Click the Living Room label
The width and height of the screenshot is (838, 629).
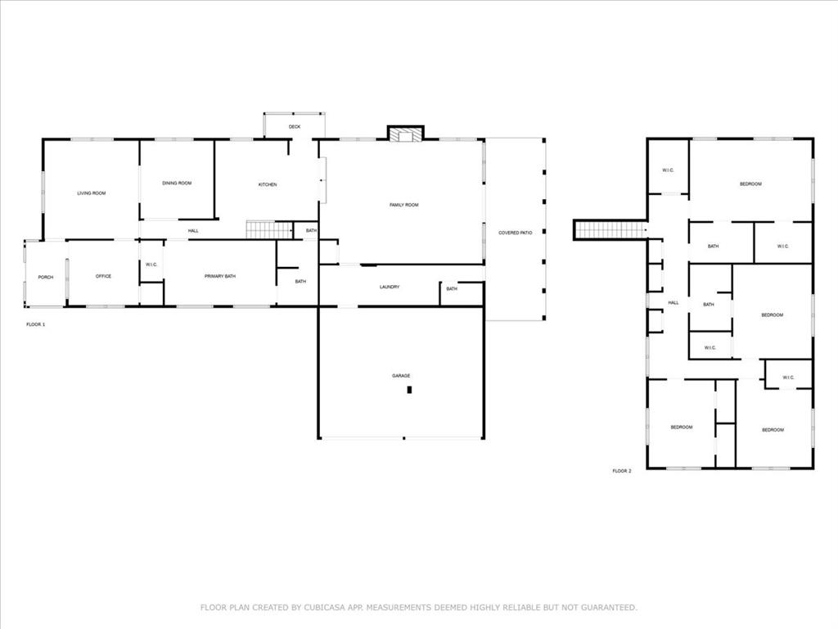click(x=92, y=193)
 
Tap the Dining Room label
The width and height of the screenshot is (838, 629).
click(x=177, y=183)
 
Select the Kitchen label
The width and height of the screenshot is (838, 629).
click(x=268, y=184)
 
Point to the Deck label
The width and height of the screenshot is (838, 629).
click(x=295, y=127)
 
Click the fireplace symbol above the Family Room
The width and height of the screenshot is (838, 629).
click(x=405, y=134)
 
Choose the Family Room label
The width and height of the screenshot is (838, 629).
click(x=403, y=205)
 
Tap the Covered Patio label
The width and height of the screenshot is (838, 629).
click(x=516, y=233)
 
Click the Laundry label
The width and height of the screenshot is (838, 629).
click(x=390, y=287)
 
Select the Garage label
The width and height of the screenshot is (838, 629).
click(x=401, y=375)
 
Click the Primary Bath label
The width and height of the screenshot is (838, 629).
click(x=220, y=277)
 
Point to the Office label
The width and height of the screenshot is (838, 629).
click(x=103, y=276)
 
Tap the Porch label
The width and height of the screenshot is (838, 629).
click(x=46, y=277)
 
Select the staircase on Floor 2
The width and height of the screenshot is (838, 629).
click(x=610, y=230)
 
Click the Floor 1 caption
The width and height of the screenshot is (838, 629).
click(x=36, y=325)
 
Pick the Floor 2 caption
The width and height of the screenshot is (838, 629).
click(x=622, y=471)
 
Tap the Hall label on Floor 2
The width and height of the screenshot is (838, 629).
click(x=674, y=303)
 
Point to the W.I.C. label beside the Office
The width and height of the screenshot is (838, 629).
click(x=151, y=265)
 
